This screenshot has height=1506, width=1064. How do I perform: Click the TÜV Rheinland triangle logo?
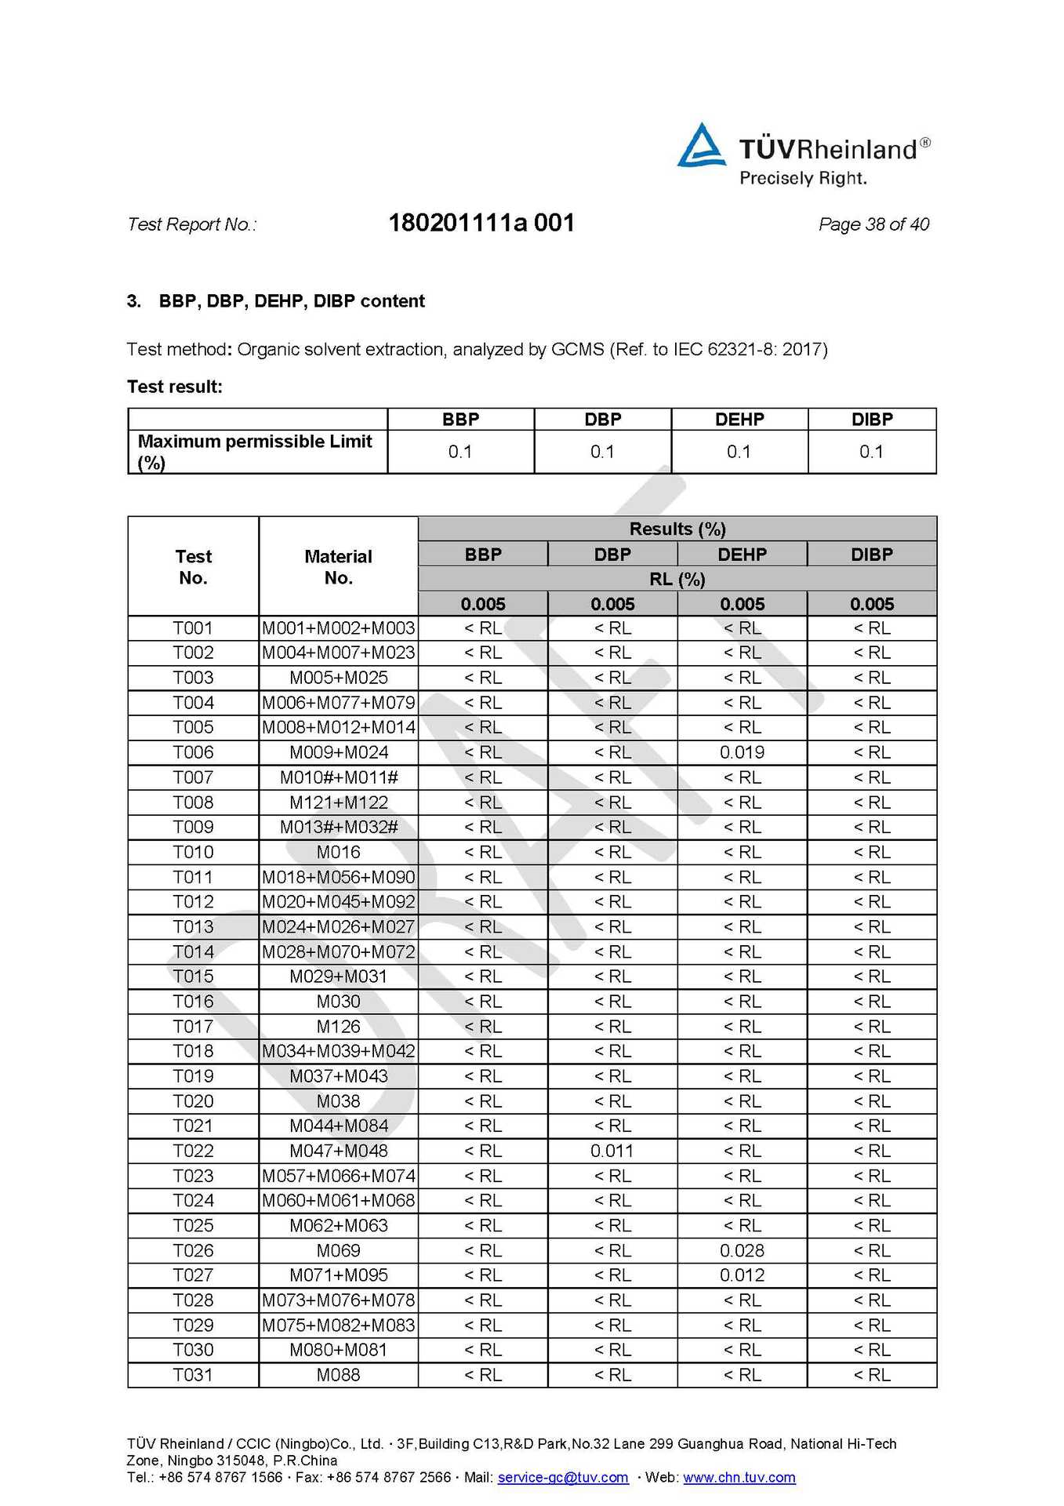click(701, 146)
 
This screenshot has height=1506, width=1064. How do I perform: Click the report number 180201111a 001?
click(481, 224)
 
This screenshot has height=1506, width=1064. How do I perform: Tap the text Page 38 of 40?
click(873, 224)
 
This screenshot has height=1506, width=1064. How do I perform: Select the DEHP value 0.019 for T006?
click(742, 753)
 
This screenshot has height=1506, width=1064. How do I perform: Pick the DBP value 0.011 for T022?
click(612, 1151)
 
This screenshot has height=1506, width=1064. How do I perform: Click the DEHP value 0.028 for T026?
click(742, 1251)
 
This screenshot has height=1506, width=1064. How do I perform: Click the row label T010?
click(193, 853)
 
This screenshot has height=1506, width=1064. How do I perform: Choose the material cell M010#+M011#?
click(339, 778)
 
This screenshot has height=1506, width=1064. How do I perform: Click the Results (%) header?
click(677, 529)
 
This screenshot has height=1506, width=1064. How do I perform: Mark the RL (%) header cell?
click(677, 580)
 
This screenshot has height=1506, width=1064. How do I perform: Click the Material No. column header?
click(339, 567)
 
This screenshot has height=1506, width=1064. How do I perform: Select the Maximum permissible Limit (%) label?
click(254, 452)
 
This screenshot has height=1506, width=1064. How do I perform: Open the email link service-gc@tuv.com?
click(563, 1478)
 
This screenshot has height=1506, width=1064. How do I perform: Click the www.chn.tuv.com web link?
click(739, 1478)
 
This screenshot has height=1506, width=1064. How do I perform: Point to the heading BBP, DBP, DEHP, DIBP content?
click(292, 301)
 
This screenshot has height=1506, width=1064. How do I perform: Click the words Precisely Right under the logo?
click(803, 179)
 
